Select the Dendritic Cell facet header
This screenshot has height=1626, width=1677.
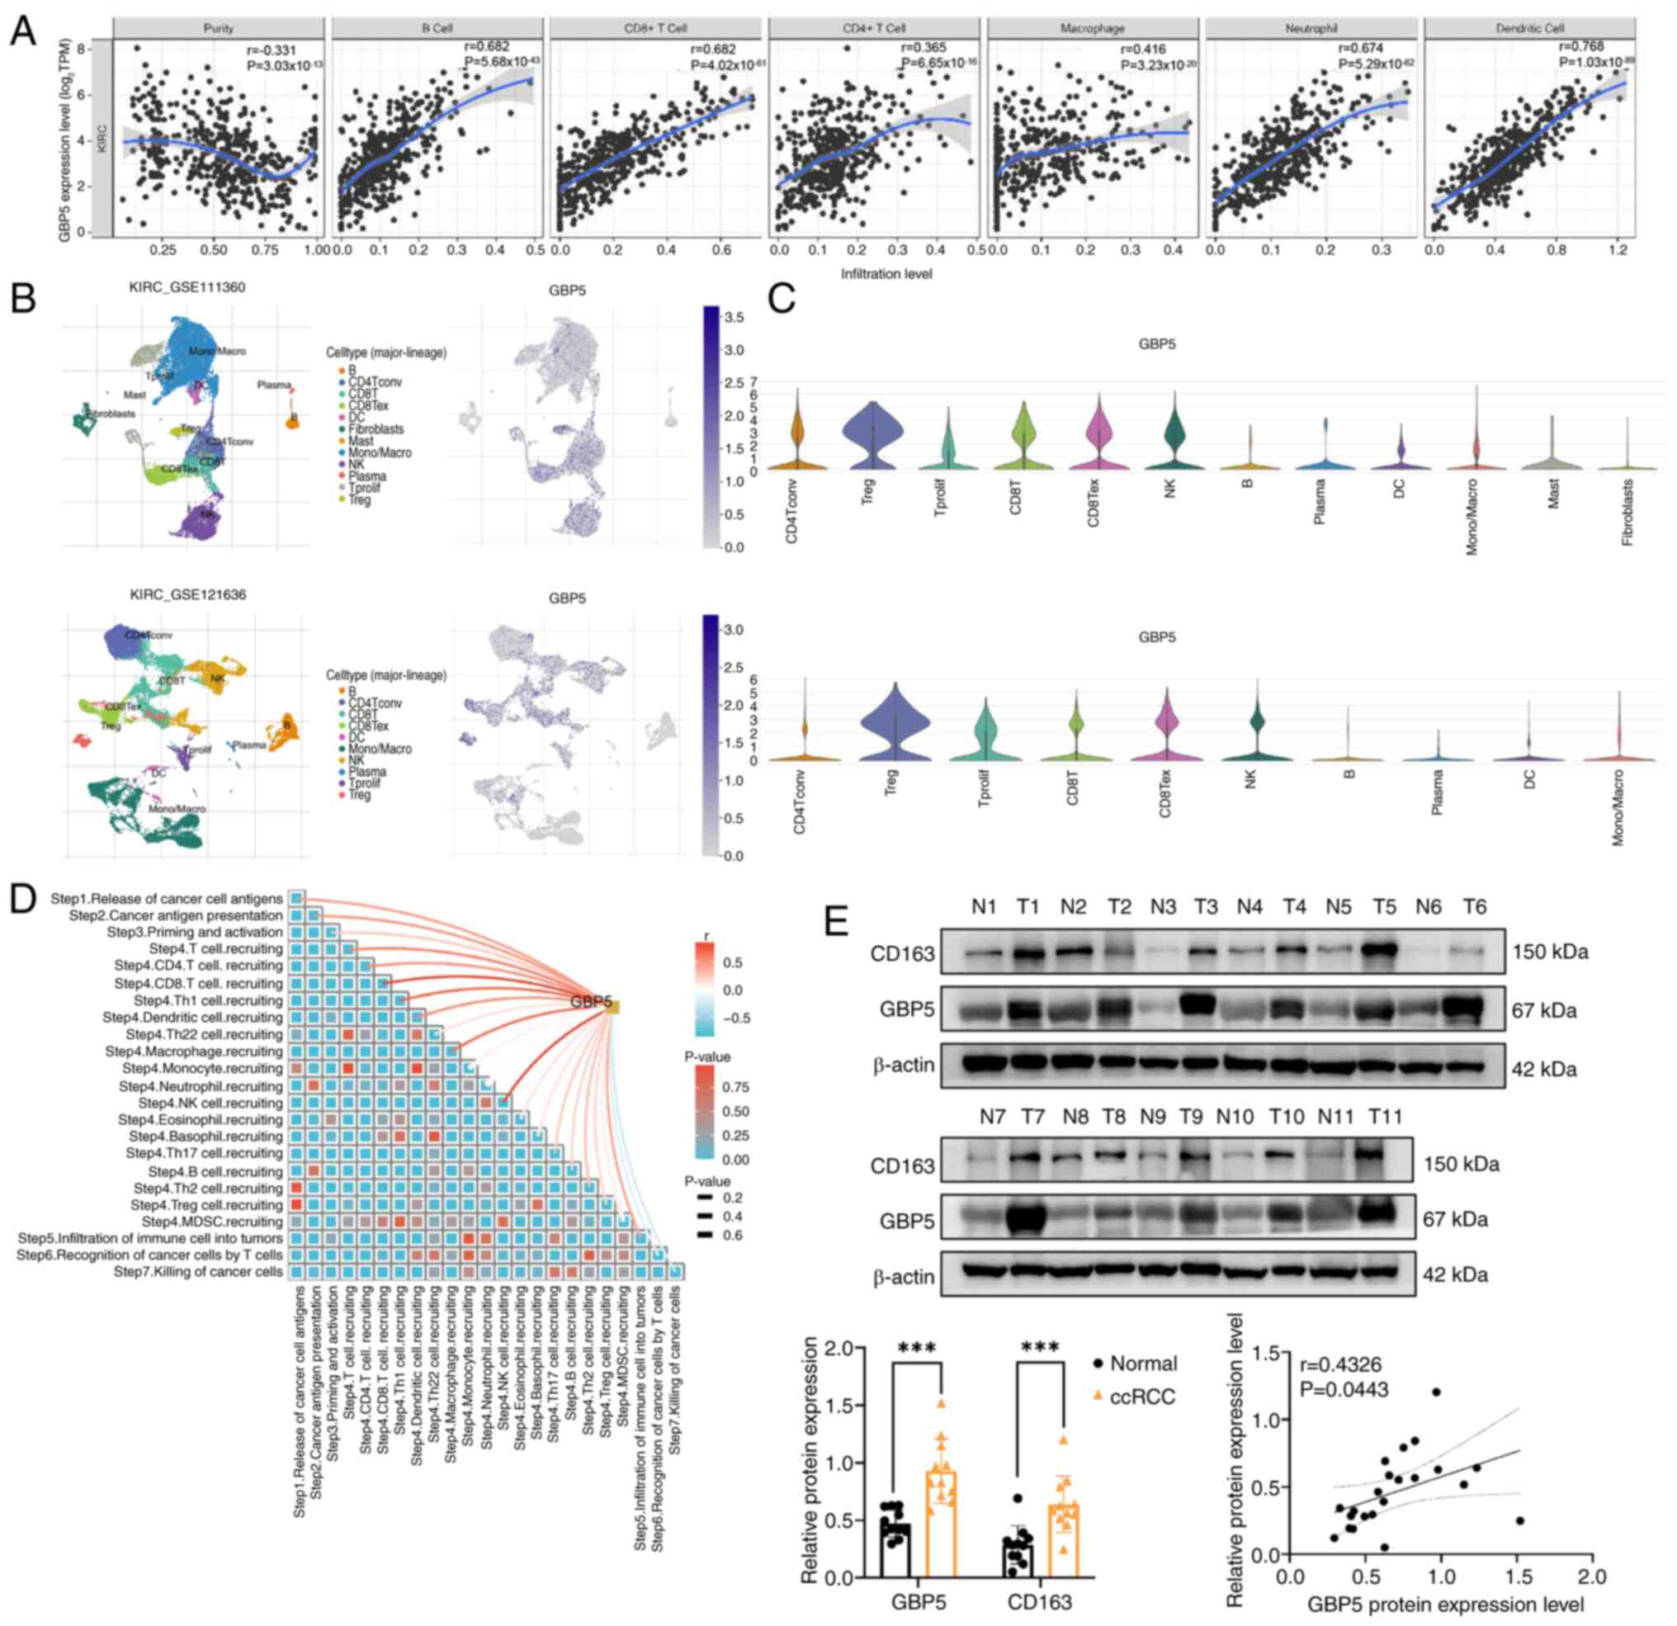pyautogui.click(x=1529, y=28)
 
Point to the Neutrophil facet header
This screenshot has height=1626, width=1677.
pyautogui.click(x=1311, y=28)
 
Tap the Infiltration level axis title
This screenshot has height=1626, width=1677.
pyautogui.click(x=886, y=274)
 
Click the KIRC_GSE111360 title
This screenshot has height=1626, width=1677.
pyautogui.click(x=187, y=287)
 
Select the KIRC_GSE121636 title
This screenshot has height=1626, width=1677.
pyautogui.click(x=187, y=594)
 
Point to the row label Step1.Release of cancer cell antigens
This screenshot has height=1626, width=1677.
pyautogui.click(x=166, y=899)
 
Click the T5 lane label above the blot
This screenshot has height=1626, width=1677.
pyautogui.click(x=1384, y=907)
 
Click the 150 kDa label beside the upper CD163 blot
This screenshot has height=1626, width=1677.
pyautogui.click(x=1550, y=952)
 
